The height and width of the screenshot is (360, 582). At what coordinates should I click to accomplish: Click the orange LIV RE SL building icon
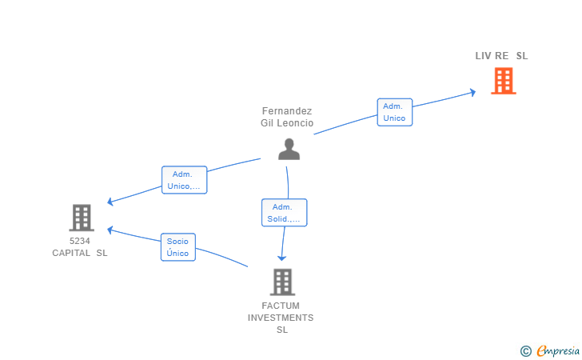(x=503, y=80)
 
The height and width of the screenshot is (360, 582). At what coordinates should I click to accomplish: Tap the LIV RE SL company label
(x=501, y=56)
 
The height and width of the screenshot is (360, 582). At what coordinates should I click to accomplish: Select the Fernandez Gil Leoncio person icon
(x=289, y=149)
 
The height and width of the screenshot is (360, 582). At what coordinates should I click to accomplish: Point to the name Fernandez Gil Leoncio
(x=287, y=118)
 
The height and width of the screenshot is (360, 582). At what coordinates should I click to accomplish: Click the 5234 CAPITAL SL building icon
(x=81, y=218)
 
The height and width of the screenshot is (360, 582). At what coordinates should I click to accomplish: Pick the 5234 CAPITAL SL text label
(x=80, y=246)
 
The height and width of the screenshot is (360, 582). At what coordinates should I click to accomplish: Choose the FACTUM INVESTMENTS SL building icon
(x=281, y=282)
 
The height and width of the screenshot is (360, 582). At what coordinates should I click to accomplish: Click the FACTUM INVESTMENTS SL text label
(x=281, y=318)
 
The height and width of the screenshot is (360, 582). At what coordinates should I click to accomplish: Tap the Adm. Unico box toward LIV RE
(x=394, y=112)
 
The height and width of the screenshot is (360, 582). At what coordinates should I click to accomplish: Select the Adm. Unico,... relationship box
(x=184, y=180)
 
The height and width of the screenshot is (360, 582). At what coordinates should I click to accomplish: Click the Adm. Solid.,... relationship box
(x=284, y=212)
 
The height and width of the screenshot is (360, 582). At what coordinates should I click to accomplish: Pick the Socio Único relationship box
(x=177, y=246)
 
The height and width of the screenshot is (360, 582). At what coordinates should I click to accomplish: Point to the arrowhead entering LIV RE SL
(x=472, y=92)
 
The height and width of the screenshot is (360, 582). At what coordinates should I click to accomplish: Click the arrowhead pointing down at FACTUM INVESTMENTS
(x=281, y=258)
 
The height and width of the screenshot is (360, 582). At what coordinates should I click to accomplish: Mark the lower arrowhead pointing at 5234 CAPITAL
(x=111, y=230)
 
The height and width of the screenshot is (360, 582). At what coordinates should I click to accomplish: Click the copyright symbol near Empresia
(x=525, y=350)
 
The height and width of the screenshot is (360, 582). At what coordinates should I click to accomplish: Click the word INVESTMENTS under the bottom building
(x=281, y=318)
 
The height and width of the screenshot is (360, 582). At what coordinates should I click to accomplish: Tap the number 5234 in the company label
(x=80, y=241)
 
